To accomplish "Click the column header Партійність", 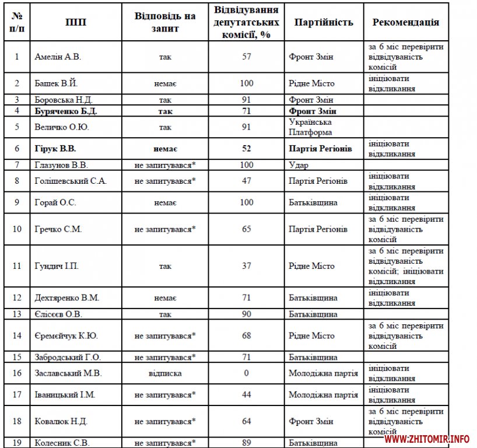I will coord(324,22).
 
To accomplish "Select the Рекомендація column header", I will coord(405,22).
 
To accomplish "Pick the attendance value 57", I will coord(246,57).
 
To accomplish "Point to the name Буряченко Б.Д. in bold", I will coord(64,111).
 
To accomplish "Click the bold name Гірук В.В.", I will coord(55,149).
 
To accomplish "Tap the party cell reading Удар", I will coord(299,165).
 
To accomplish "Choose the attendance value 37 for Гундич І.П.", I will coord(246,266).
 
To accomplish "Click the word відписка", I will coord(165,373).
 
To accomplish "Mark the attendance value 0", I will coord(246,373).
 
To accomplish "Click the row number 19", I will coord(17,443).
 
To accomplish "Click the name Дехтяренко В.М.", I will coord(67,298).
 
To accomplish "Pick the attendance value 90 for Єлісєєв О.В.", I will coord(246,314).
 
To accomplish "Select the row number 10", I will coord(17,229).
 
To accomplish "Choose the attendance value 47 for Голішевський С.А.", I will coord(246,181).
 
